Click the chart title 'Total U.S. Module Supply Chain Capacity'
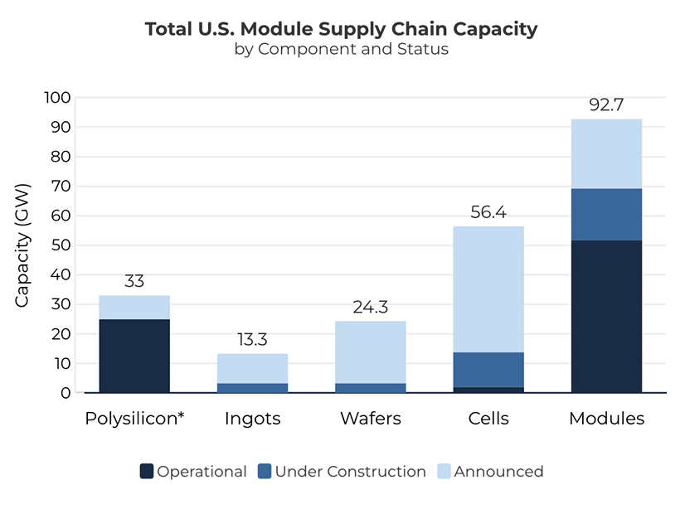coord(342,29)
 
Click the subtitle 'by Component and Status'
coord(342,49)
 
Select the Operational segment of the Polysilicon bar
coord(134,356)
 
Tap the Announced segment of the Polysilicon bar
coord(134,308)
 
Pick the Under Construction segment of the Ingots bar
coord(252,388)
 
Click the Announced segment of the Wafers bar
coord(370,352)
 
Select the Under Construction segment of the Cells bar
coord(488,370)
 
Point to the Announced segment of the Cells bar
coord(488,289)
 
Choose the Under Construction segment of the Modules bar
coord(606,214)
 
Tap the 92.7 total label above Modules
coord(606,105)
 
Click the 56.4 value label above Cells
coord(488,212)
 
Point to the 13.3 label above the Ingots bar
coord(252,340)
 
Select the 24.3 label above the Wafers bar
coord(370,308)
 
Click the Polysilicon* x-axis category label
coord(134,419)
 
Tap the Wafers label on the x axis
coord(370,419)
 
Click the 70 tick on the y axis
coord(58,187)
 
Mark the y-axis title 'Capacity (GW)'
coord(22,245)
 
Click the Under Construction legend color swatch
coord(265,472)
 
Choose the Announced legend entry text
coord(498,472)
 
